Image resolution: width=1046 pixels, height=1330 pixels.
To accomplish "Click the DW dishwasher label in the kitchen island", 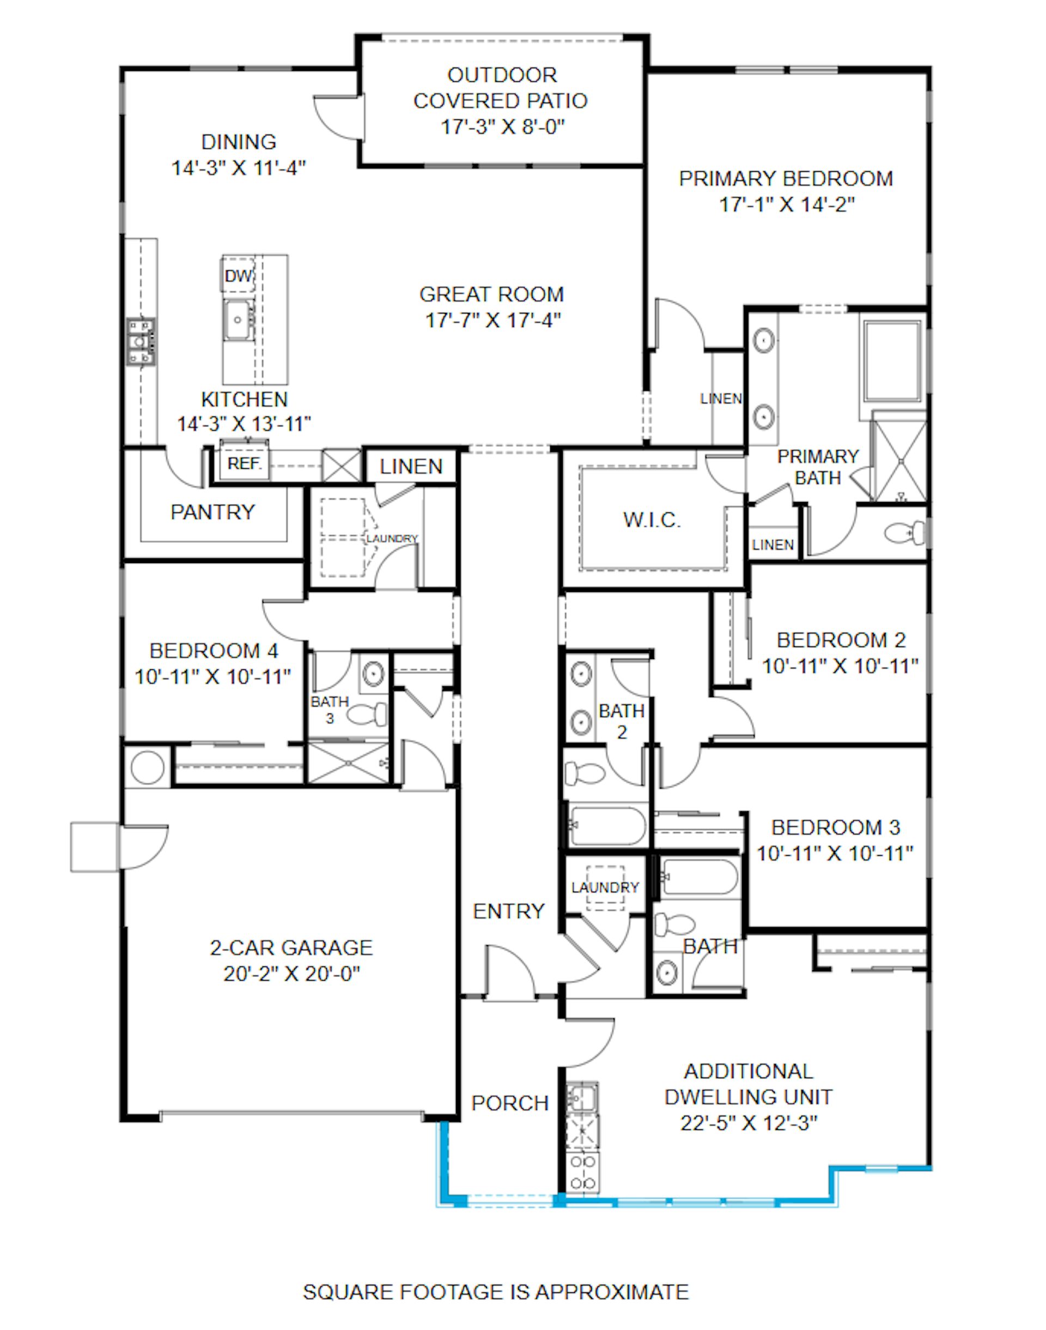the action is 238,276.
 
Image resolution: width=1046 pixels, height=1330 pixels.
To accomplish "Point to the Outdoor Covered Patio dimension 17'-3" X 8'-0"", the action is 502,127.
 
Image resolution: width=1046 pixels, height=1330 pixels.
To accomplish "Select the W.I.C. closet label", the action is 652,519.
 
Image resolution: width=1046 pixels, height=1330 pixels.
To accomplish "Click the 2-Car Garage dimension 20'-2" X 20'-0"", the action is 291,974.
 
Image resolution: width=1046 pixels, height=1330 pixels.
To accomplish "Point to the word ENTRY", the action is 508,911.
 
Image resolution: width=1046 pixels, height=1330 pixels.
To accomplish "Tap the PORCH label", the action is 509,1103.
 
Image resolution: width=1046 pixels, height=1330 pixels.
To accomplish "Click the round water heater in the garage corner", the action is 148,766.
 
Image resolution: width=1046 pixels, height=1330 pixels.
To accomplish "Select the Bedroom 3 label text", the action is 835,827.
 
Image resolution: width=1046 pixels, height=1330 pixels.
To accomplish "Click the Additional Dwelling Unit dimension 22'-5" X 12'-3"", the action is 749,1123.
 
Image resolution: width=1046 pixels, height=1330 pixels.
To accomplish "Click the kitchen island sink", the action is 237,319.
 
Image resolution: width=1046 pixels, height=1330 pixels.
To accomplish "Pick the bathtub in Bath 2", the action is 607,825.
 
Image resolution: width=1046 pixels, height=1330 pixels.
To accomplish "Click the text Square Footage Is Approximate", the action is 496,1292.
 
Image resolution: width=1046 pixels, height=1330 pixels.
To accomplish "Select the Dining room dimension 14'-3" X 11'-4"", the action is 239,167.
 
